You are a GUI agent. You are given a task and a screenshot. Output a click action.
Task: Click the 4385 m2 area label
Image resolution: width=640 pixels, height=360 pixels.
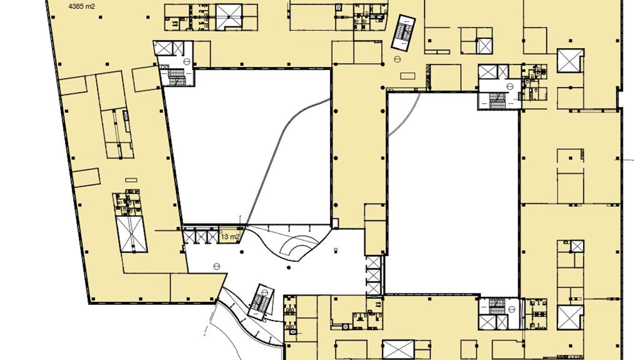(x=82, y=6)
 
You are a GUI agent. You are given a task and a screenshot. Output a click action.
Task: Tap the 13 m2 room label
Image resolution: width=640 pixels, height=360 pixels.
(x=230, y=236)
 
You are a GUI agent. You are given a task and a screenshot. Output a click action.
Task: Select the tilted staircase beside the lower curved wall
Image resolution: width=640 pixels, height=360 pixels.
(x=261, y=302)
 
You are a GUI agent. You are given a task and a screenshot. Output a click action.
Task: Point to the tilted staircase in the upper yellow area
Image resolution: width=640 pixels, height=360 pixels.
(x=404, y=33)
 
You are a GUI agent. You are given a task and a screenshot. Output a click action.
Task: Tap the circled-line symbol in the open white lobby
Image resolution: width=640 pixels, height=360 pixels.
(x=217, y=266)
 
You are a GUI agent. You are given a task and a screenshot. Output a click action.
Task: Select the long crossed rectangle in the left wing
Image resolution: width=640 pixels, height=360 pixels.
(x=131, y=234)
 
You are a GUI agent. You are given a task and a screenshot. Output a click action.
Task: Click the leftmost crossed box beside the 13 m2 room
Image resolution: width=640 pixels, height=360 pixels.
(x=189, y=237)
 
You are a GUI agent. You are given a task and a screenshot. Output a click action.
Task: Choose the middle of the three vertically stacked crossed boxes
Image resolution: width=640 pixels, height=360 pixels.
(x=373, y=275)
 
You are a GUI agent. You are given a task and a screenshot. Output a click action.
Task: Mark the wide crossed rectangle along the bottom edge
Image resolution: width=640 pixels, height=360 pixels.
(x=398, y=350)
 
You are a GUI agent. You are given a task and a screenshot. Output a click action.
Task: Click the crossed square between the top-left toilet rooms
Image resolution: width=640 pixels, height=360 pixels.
(x=229, y=17)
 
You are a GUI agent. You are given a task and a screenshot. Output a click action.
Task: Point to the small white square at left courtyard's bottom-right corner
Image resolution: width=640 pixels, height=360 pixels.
(x=335, y=223)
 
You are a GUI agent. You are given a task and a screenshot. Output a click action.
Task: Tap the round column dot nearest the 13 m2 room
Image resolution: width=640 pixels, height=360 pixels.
(x=242, y=252)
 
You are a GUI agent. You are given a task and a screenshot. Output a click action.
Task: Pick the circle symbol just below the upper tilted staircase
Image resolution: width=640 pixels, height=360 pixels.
(x=397, y=59)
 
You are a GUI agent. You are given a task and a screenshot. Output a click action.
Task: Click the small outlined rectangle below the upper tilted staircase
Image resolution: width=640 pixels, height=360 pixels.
(x=407, y=76)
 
